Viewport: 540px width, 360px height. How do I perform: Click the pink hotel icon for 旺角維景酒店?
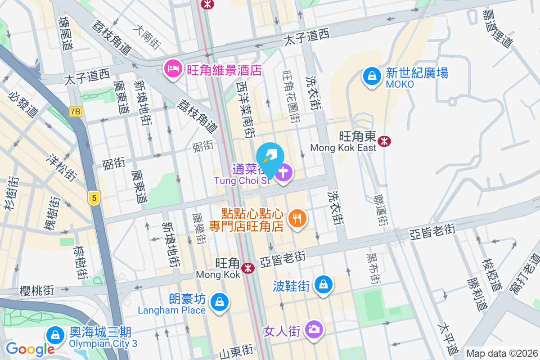coord(173,68)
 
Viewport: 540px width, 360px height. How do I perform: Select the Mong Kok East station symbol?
coord(384,141)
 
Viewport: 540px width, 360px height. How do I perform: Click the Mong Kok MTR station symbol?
coord(247,268)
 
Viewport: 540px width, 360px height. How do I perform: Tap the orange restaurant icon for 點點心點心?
coord(297,219)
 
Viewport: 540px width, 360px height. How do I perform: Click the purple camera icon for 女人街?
coord(314,329)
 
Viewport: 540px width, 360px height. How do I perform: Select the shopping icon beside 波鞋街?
coord(324,284)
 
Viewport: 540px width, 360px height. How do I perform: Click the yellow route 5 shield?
coord(94,198)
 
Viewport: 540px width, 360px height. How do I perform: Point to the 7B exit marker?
coord(76,111)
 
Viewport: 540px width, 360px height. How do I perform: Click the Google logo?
coord(30,349)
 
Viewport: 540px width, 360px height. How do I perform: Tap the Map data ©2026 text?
coord(502,354)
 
